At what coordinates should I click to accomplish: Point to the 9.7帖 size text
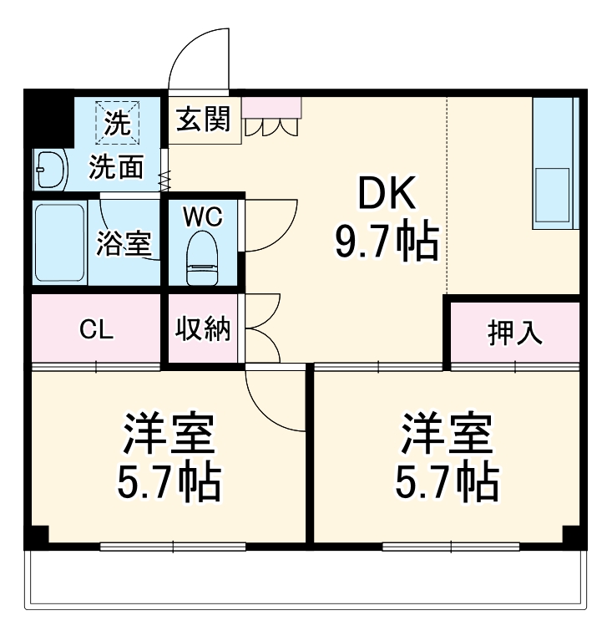(x=387, y=242)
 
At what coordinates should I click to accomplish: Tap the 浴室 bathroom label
(x=124, y=243)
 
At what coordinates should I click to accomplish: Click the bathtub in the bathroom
(x=60, y=242)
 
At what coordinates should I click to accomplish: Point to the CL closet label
(x=96, y=330)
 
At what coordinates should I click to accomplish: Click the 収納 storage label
(x=202, y=330)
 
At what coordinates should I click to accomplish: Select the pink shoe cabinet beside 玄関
(x=271, y=107)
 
